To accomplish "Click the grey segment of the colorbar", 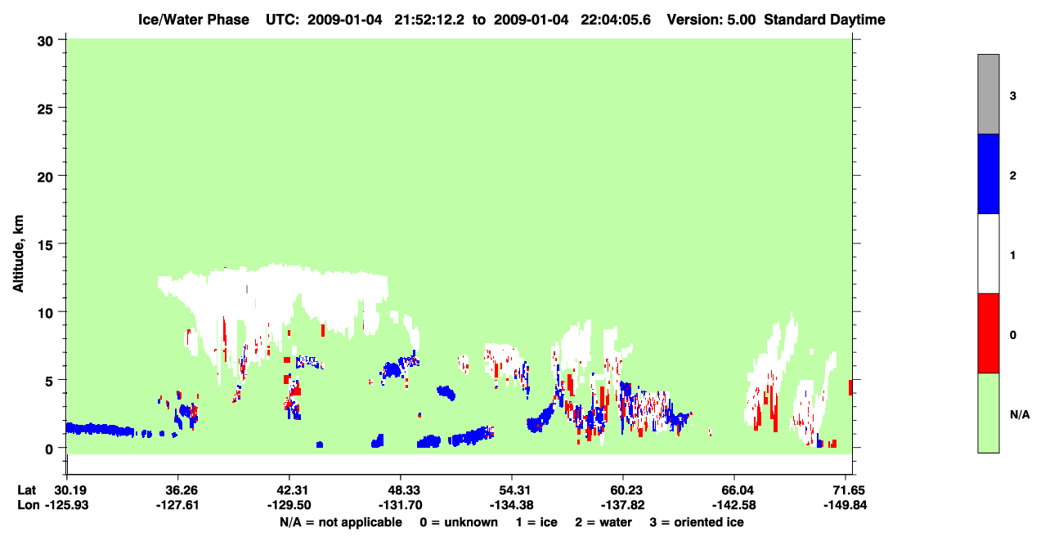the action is coord(989,94).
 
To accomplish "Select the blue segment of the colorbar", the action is coord(989,173).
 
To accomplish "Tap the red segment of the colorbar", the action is coord(989,333).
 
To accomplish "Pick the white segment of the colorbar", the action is coord(989,254).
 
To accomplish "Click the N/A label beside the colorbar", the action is coord(1020,415).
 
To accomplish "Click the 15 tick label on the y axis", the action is coord(45,244).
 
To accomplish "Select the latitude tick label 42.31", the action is coord(289,490).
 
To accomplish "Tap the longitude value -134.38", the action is coord(512,505).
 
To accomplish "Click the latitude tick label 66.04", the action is coord(734,490).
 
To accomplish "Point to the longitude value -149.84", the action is coord(845,505).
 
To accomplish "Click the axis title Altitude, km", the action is coord(18,254).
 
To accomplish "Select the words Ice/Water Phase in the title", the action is coord(194,20).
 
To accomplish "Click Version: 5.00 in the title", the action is coord(711,20).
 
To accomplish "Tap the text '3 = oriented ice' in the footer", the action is coord(697,522).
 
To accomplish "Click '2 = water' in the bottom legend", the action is coord(603,522).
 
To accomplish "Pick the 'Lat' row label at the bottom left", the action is coord(26,490).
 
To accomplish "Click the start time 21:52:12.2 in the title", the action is coord(429,20).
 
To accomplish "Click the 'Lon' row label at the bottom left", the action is coord(29,505).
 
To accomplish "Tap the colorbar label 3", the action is coord(1013,96).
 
